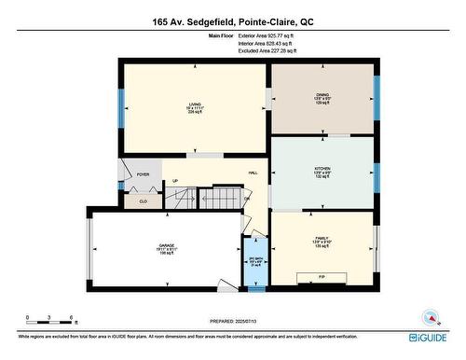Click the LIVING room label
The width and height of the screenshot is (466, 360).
click(195, 104)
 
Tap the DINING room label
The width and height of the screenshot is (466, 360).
click(322, 98)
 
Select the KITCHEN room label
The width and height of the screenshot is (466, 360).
click(322, 169)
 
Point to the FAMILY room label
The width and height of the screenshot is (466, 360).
click(322, 239)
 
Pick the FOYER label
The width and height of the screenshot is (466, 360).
click(143, 174)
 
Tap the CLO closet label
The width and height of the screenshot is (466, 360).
click(143, 201)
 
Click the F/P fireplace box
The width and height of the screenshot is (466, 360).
click(322, 278)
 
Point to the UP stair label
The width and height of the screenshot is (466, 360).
click(175, 181)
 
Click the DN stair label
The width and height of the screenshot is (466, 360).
click(246, 199)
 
